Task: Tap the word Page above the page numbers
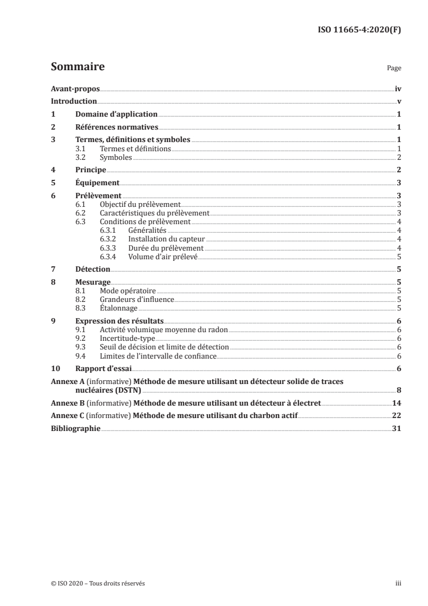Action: [394, 69]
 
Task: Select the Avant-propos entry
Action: [75, 89]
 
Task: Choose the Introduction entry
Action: [73, 102]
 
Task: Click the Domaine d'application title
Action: [116, 115]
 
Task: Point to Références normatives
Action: [116, 127]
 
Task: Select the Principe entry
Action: [90, 170]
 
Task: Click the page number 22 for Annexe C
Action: [397, 415]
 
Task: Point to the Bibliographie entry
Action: [75, 428]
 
